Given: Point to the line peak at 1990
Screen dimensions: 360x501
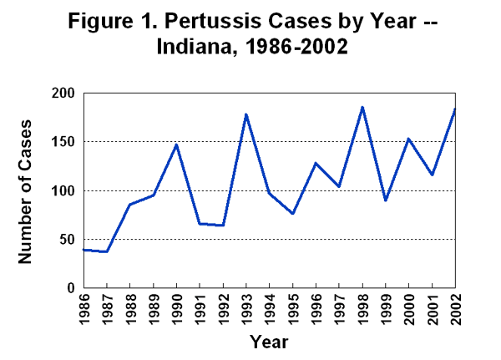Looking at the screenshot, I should (x=176, y=145).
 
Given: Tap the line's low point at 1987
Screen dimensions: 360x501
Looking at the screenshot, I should (x=106, y=251).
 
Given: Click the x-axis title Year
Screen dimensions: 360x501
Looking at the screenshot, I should (x=269, y=342).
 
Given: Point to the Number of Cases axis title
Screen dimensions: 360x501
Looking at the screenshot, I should (x=25, y=190).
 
